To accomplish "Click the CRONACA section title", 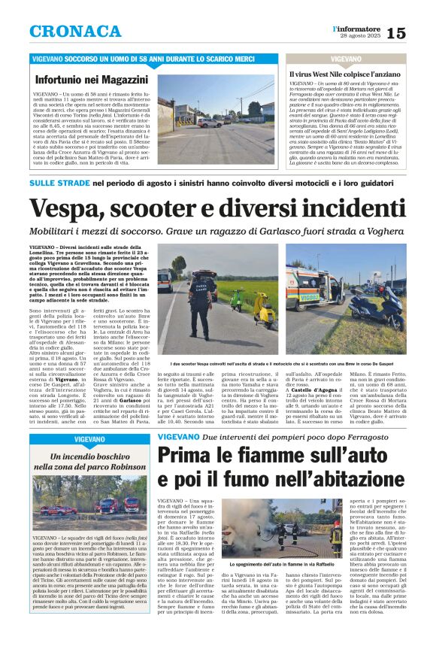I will (x=75, y=32).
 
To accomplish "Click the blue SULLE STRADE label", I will (x=56, y=183).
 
